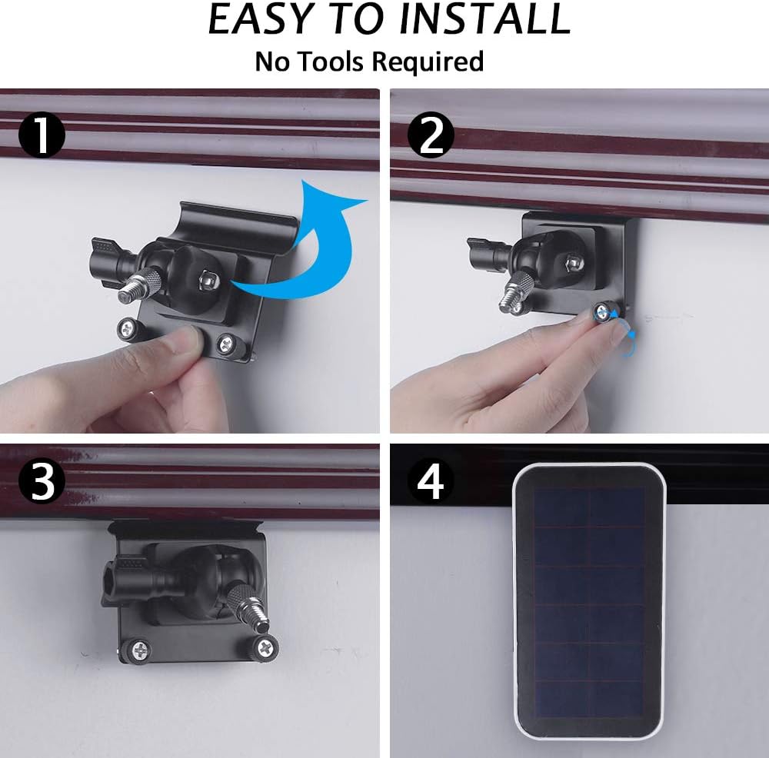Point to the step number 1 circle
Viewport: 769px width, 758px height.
[42, 136]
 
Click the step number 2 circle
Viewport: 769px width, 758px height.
[431, 135]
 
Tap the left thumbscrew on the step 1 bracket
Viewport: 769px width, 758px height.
[128, 329]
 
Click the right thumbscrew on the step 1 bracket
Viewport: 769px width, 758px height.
[227, 344]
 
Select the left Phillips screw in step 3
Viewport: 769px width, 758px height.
[139, 650]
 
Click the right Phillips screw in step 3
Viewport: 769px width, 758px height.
[265, 647]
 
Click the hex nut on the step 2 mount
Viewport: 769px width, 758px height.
[574, 263]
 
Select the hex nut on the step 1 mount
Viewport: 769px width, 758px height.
[209, 280]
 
